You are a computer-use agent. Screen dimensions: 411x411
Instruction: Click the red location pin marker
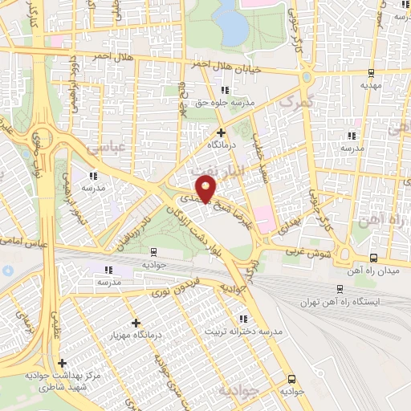pyautogui.click(x=208, y=189)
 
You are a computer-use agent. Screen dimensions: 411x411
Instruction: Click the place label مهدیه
pyautogui.click(x=369, y=84)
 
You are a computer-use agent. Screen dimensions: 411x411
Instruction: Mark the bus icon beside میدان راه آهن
pyautogui.click(x=373, y=258)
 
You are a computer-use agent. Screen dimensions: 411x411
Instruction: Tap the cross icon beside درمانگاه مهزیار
pyautogui.click(x=136, y=322)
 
